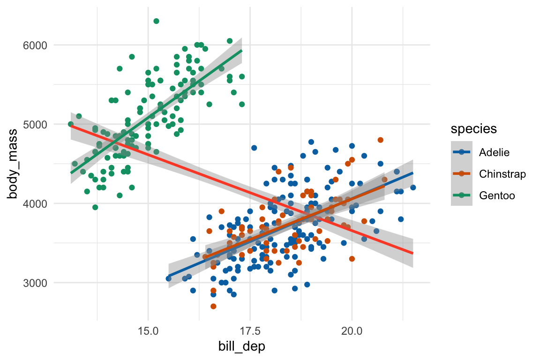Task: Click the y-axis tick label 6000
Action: (x=35, y=45)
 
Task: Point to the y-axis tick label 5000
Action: (x=35, y=124)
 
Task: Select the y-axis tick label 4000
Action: (x=35, y=203)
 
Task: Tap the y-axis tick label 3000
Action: (x=35, y=283)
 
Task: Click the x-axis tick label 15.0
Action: (x=148, y=331)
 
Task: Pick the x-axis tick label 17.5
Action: (x=250, y=331)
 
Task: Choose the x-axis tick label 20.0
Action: (x=352, y=331)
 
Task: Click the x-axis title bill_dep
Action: (x=242, y=346)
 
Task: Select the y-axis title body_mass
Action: (x=13, y=164)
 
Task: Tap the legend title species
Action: (x=474, y=128)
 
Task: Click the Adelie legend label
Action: (x=494, y=152)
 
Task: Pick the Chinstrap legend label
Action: (x=502, y=174)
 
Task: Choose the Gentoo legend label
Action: (x=497, y=195)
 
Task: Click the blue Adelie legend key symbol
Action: (x=461, y=152)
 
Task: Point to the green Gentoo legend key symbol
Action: (x=461, y=195)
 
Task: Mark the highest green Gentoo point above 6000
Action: (x=156, y=21)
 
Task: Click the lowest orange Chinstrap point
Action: (x=213, y=306)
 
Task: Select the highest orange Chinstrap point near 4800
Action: (x=380, y=140)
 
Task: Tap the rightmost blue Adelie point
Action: (x=413, y=187)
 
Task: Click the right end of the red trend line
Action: (x=412, y=254)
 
